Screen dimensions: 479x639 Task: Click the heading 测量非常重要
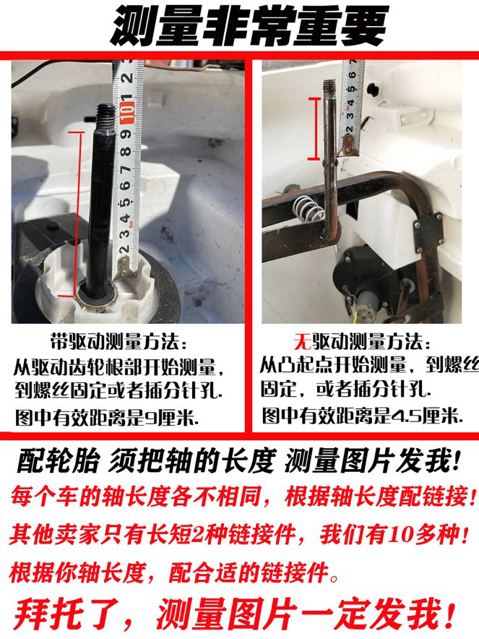(249, 25)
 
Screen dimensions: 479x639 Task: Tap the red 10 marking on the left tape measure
(129, 108)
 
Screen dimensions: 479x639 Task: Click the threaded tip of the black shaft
(106, 114)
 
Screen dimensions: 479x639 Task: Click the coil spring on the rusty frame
(308, 210)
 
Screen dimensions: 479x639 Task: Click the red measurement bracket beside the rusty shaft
(314, 129)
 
